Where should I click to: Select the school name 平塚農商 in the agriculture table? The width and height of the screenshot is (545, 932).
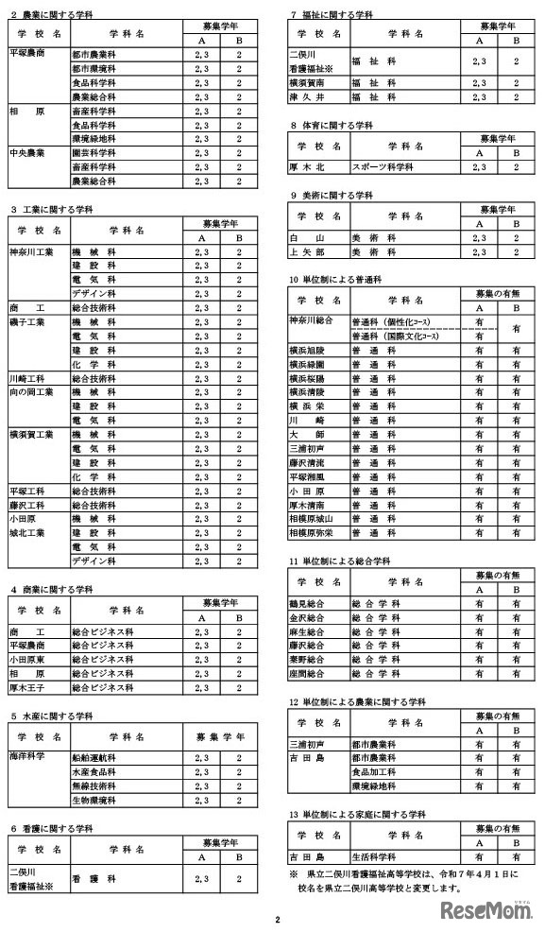[x=27, y=54]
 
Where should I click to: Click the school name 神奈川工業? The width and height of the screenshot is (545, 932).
[x=31, y=252]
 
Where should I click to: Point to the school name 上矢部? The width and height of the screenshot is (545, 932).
[x=307, y=252]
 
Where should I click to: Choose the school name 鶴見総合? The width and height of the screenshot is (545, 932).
[x=307, y=603]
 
